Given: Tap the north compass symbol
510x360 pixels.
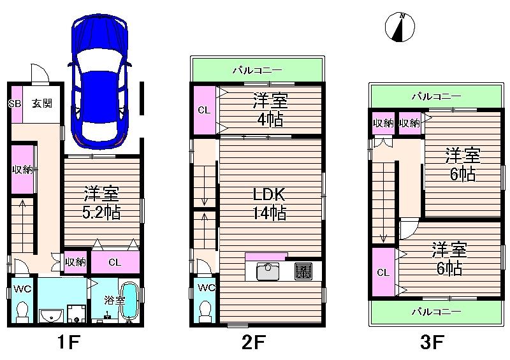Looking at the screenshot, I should point(400,27).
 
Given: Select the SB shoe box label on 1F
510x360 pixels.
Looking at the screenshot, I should point(14,103).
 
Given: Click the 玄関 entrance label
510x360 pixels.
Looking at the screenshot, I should point(42,103).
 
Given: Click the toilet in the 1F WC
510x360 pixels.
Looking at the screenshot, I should point(22,312).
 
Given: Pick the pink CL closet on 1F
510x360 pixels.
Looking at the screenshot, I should point(115,262).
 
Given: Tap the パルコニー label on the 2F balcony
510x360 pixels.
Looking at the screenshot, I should point(257,69).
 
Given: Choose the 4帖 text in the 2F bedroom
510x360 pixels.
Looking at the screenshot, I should point(268,119).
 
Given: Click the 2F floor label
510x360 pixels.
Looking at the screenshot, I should point(254,344).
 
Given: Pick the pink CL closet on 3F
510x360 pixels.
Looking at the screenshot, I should point(382,273).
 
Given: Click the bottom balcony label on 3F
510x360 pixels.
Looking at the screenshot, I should point(435,312).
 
